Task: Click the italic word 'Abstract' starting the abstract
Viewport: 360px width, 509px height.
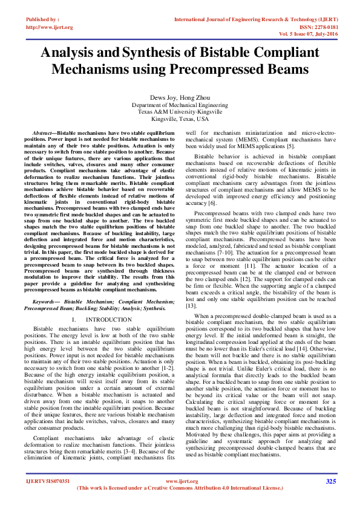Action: click(44, 132)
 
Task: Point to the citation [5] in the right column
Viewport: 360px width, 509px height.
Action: click(290, 146)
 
